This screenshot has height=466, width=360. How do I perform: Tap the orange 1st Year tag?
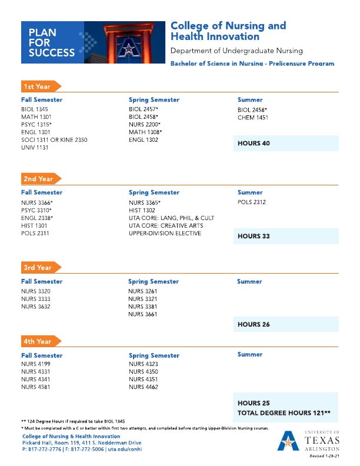[x=37, y=86]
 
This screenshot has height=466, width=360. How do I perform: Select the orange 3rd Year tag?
[x=37, y=268]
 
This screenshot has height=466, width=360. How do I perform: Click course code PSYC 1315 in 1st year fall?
[x=36, y=125]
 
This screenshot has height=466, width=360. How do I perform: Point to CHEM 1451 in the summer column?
[x=252, y=117]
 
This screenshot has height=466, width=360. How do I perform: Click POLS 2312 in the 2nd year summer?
[x=252, y=202]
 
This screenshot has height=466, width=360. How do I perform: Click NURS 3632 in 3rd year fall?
[x=36, y=306]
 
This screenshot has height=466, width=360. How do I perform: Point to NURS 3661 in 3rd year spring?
[x=144, y=314]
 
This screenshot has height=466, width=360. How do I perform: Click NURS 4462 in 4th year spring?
[x=144, y=387]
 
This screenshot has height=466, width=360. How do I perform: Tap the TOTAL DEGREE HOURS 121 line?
[x=284, y=413]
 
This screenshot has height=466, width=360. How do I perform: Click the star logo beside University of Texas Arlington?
[x=288, y=440]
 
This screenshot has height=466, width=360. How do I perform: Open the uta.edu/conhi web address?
[x=125, y=449]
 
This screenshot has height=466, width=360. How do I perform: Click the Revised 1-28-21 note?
[x=325, y=456]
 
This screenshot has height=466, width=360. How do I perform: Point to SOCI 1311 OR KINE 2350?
[x=54, y=140]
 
